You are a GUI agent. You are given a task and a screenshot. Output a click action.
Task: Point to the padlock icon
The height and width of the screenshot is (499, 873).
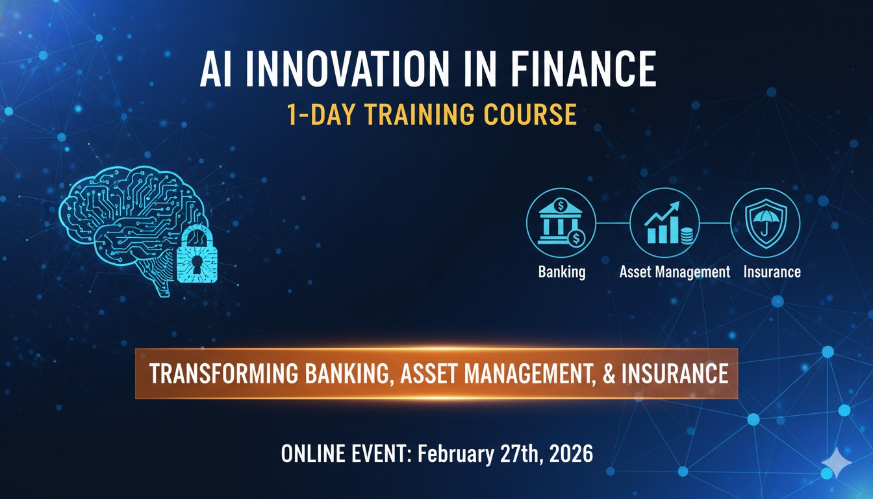pyautogui.click(x=197, y=255)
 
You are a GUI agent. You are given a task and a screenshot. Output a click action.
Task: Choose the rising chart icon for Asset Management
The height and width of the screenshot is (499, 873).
pyautogui.click(x=664, y=222)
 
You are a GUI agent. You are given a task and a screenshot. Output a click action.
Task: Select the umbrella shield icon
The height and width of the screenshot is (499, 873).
pyautogui.click(x=765, y=222)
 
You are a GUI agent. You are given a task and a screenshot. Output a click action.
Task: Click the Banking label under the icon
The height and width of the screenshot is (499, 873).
pyautogui.click(x=562, y=272)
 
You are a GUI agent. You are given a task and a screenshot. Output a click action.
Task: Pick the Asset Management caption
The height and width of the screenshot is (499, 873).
pyautogui.click(x=674, y=272)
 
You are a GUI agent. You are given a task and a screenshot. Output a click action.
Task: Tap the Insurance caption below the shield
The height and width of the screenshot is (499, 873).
pyautogui.click(x=772, y=272)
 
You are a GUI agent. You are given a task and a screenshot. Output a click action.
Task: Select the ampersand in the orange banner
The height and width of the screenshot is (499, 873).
pyautogui.click(x=609, y=374)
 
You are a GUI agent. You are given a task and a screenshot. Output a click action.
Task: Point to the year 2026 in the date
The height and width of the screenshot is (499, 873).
pyautogui.click(x=571, y=454)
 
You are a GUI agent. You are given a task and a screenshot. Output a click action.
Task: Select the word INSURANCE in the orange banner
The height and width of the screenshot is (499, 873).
pyautogui.click(x=675, y=374)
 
